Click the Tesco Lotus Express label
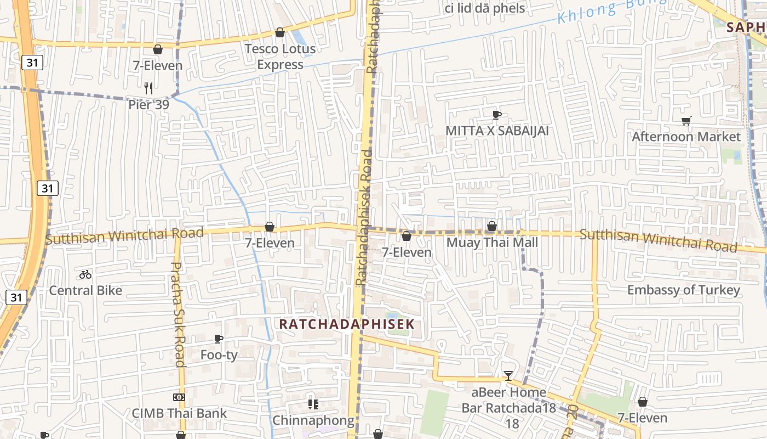[280, 57]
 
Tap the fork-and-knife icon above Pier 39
[148, 88]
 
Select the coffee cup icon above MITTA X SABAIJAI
[496, 115]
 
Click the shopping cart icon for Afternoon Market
[686, 121]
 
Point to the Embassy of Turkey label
[683, 290]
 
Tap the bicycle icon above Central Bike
[85, 274]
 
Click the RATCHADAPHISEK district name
[347, 324]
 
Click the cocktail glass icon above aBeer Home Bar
[508, 376]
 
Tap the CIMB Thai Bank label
[179, 413]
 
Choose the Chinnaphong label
[313, 420]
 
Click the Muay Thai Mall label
[492, 243]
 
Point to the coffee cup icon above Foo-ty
[219, 339]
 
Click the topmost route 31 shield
[32, 63]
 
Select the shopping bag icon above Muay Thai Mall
[492, 226]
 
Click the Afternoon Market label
[686, 137]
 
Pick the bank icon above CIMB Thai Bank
[179, 397]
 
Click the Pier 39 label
[148, 104]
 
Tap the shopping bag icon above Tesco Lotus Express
[280, 32]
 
